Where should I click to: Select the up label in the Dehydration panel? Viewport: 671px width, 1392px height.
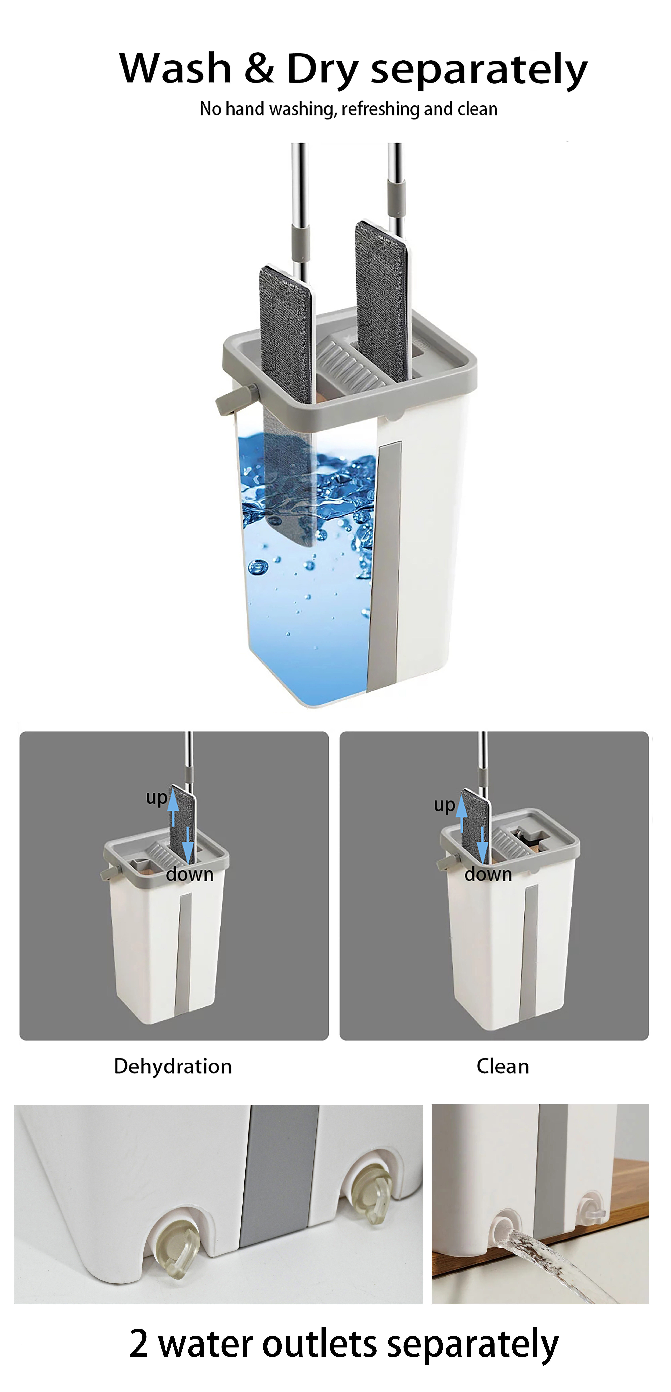pos(156,798)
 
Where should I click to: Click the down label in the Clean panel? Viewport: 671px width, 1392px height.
pos(488,874)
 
